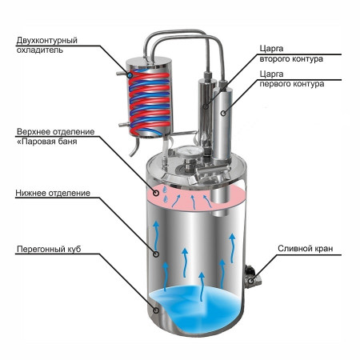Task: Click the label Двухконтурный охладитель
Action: click(50, 43)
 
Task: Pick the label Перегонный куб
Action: click(46, 249)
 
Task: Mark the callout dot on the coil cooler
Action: click(130, 71)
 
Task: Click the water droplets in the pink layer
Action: click(163, 190)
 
